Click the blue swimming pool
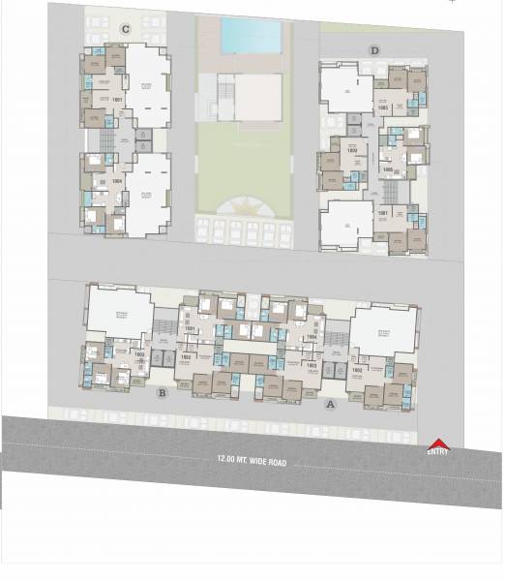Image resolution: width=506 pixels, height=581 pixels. tap(252, 36)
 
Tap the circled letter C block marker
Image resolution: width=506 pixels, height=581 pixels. tap(125, 29)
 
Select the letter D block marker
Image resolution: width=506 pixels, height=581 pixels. tap(374, 50)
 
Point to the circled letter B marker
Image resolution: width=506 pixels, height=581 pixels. tap(163, 392)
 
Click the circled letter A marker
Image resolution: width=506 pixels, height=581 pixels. tap(330, 405)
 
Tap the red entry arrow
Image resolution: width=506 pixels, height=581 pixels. tap(437, 443)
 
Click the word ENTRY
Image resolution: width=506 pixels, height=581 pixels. tap(437, 452)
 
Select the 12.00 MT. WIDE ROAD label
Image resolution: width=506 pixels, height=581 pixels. tap(252, 463)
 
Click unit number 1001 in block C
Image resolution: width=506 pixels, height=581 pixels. tap(117, 100)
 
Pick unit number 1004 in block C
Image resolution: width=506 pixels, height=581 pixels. tap(117, 180)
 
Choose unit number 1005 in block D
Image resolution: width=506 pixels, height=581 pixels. tap(387, 169)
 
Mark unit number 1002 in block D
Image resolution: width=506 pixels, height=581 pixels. tap(352, 151)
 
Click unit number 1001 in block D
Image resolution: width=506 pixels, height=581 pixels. tap(382, 213)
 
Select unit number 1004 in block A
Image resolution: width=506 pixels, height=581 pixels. tap(312, 337)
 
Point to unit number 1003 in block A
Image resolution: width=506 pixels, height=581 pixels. tap(312, 365)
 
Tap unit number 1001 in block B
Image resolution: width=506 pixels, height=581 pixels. tap(190, 329)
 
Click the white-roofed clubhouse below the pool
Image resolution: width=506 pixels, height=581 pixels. tap(256, 97)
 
